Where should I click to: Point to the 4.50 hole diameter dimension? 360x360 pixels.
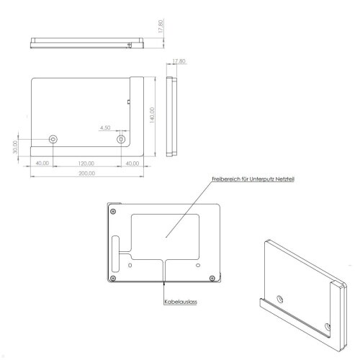click(104, 127)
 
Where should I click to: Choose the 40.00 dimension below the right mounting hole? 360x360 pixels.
click(132, 163)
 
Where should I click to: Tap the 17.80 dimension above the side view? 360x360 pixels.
click(179, 62)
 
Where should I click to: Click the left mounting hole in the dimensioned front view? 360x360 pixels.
click(53, 139)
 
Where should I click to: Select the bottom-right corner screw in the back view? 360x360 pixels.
click(211, 278)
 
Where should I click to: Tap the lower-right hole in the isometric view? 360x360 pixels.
click(329, 326)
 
